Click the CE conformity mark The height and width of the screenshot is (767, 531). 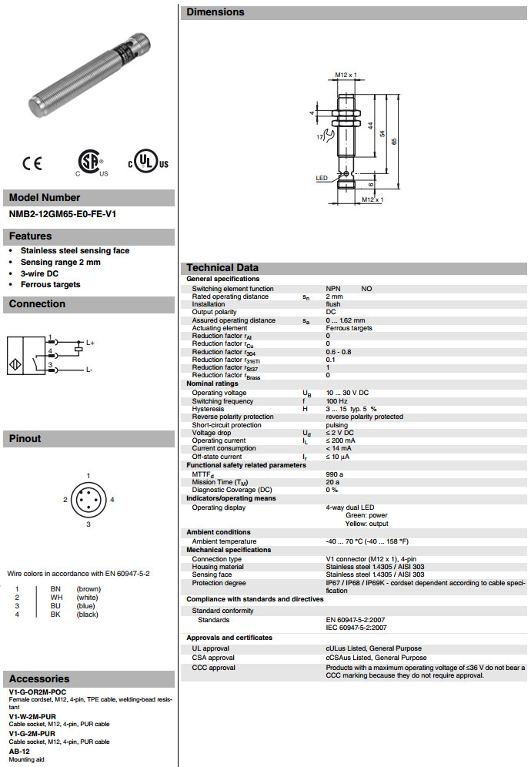32,163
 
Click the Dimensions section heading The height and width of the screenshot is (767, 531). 215,12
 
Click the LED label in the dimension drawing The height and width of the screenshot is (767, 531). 321,178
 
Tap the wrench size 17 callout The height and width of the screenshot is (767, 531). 319,136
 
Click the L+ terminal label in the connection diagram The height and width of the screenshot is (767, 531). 90,343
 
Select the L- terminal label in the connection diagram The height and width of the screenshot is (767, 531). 89,370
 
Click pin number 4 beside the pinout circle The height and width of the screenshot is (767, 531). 112,500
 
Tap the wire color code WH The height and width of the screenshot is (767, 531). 56,598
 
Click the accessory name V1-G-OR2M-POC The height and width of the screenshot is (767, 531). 43,692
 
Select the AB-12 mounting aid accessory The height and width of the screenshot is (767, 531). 19,751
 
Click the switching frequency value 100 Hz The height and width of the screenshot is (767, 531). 337,401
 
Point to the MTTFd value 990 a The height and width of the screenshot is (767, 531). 334,474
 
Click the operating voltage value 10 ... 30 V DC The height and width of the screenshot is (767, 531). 347,393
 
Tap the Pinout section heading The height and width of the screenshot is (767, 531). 25,439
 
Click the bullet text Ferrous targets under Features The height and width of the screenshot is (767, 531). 50,284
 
